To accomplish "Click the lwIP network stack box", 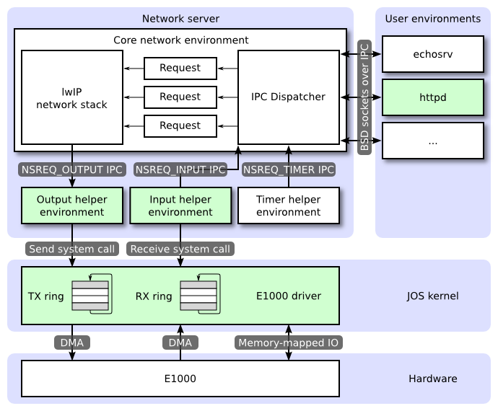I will pyautogui.click(x=71, y=97).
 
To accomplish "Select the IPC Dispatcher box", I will pyautogui.click(x=289, y=97).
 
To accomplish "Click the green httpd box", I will pyautogui.click(x=432, y=97).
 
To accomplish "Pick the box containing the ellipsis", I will pyautogui.click(x=432, y=141).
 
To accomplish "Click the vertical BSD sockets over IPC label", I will pyautogui.click(x=364, y=96).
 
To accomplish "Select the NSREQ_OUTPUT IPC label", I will pyautogui.click(x=72, y=169).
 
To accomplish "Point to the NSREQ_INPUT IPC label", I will pyautogui.click(x=180, y=169).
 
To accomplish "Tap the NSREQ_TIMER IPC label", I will pyautogui.click(x=289, y=169).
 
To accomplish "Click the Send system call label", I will pyautogui.click(x=71, y=249).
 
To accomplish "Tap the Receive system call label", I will pyautogui.click(x=180, y=249).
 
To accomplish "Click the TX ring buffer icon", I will pyautogui.click(x=91, y=296).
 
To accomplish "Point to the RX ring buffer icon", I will pyautogui.click(x=199, y=296).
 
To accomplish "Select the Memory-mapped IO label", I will pyautogui.click(x=289, y=343).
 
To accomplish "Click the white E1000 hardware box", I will pyautogui.click(x=180, y=378).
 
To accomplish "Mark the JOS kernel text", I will pyautogui.click(x=432, y=296).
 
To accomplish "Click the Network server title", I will pyautogui.click(x=180, y=18).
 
